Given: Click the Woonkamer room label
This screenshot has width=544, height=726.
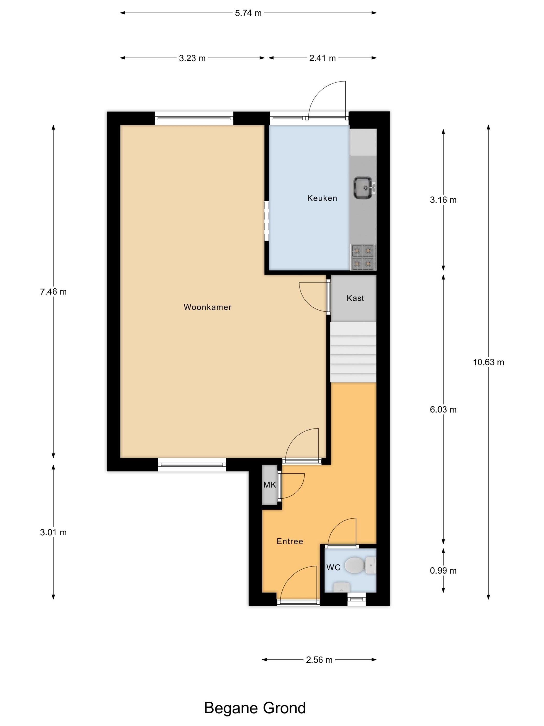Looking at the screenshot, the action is click(207, 307).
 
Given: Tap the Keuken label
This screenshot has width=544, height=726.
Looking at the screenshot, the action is click(322, 198).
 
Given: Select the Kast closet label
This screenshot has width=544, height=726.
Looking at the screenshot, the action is click(355, 298).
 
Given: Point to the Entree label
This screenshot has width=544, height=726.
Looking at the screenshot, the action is click(290, 541).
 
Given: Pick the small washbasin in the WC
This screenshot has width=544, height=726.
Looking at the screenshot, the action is click(341, 587).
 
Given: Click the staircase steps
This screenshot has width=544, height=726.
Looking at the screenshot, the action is click(353, 352).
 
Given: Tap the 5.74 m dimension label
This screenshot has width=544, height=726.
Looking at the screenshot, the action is click(248, 13).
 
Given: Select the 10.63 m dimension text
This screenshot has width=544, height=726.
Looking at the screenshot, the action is click(488, 362).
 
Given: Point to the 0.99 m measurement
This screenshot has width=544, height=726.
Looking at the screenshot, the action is click(443, 570).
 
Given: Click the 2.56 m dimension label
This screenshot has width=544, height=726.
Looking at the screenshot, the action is click(319, 660).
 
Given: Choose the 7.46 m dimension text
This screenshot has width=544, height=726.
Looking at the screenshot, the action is click(53, 292).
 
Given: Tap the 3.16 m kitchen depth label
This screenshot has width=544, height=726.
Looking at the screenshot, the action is click(443, 200).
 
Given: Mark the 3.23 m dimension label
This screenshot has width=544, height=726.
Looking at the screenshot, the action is click(192, 58).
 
